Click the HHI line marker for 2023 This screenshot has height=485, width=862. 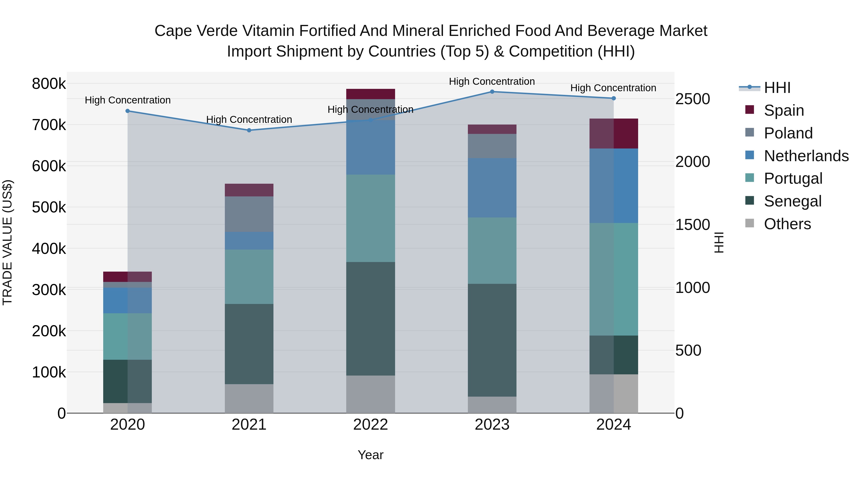point(492,92)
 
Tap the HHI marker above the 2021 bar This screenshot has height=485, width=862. point(249,130)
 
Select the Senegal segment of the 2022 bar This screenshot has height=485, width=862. point(370,318)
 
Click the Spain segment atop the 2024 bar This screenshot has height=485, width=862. point(613,134)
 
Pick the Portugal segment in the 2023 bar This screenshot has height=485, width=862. point(492,251)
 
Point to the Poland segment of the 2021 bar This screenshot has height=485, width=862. point(249,214)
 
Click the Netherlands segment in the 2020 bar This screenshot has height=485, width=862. point(127,300)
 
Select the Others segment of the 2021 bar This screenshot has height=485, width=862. point(249,398)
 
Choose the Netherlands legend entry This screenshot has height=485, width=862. point(806,156)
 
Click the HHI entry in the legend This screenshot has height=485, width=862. point(777,88)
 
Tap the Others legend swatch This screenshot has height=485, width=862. point(749,223)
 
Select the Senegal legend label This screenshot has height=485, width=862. point(792,201)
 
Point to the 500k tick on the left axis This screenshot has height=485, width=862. point(49,207)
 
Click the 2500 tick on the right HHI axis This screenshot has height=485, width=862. point(692,99)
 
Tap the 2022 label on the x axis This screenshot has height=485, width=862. point(370,425)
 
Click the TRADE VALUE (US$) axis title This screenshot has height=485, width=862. point(7,242)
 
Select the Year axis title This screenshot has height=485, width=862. point(370,455)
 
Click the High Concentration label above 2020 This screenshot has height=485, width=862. point(127,100)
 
